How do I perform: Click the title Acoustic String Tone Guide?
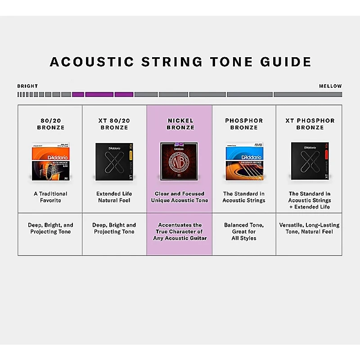(x=180, y=62)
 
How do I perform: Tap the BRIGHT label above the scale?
(x=27, y=86)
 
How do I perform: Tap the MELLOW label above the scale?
(x=330, y=86)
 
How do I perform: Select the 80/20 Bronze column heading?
(x=50, y=124)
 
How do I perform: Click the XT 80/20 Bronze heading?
(x=114, y=124)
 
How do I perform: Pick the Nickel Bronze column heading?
(x=180, y=124)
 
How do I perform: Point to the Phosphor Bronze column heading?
(x=244, y=124)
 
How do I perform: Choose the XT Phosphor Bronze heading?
(x=310, y=124)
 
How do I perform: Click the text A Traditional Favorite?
(x=50, y=197)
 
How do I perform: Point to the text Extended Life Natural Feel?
(x=114, y=197)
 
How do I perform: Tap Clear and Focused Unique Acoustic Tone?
(x=180, y=197)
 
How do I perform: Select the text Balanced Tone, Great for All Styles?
(x=244, y=231)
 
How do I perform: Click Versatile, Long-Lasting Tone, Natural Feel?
(x=310, y=228)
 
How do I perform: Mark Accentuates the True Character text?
(x=180, y=231)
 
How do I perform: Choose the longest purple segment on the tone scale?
(x=99, y=94)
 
